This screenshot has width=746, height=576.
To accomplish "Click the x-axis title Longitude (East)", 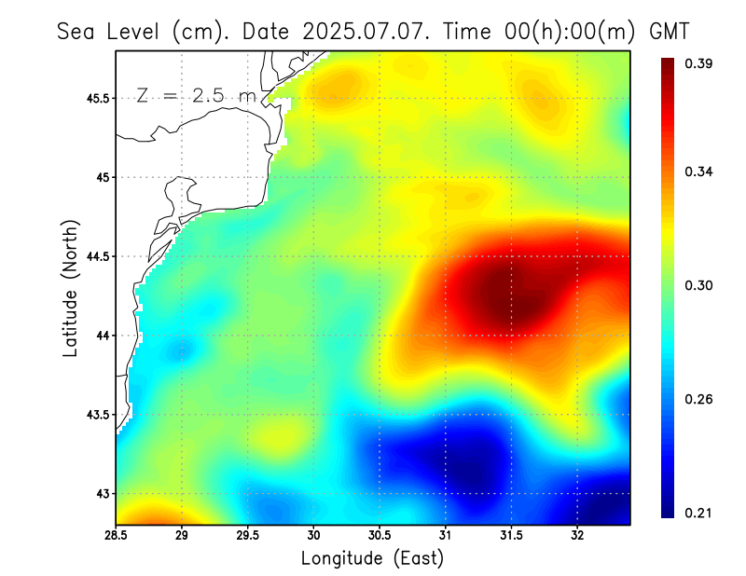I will [x=372, y=558].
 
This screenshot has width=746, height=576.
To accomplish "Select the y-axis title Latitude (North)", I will [x=70, y=288].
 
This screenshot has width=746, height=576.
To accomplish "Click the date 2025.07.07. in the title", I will [x=365, y=31].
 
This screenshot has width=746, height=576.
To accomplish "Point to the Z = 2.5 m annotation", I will [x=196, y=95].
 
